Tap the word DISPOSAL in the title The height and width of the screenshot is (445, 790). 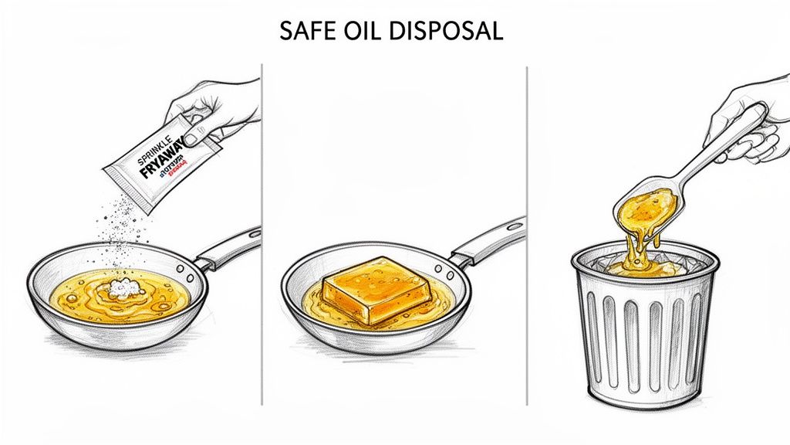[447, 31]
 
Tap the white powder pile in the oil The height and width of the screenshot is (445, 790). [123, 288]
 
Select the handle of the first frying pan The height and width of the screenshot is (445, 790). [231, 247]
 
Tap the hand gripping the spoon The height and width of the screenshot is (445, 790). [744, 124]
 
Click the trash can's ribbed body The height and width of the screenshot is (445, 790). [644, 340]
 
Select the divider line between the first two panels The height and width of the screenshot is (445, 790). [262, 232]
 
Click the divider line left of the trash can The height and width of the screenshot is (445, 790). [527, 232]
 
